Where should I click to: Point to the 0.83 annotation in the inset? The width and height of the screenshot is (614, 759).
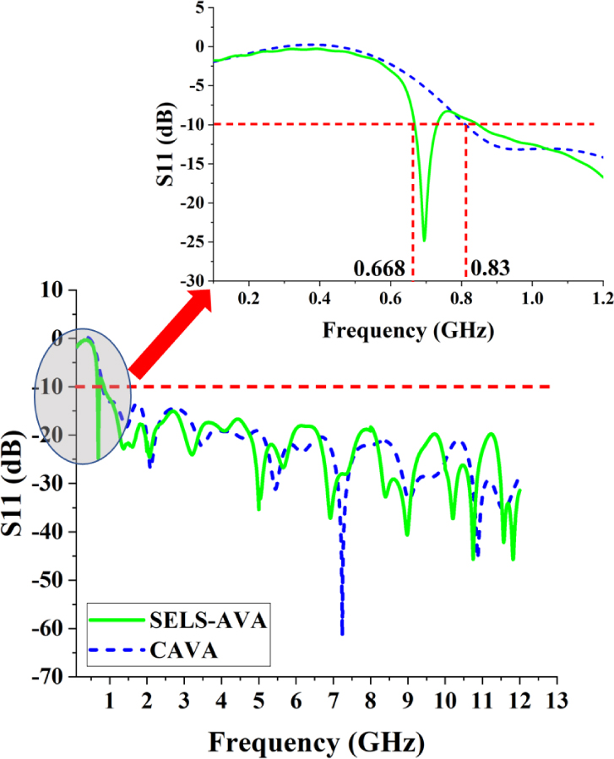489,268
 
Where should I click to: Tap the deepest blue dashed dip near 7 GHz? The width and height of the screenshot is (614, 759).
342,632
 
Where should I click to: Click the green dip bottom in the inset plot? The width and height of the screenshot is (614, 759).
424,240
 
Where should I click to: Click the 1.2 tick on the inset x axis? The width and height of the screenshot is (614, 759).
603,298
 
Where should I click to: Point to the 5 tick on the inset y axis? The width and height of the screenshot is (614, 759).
199,8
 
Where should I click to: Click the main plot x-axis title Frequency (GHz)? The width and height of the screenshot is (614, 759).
315,743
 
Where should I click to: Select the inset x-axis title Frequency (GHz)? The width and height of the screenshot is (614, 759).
407,328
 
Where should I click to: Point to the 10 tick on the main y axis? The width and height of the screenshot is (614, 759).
56,290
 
